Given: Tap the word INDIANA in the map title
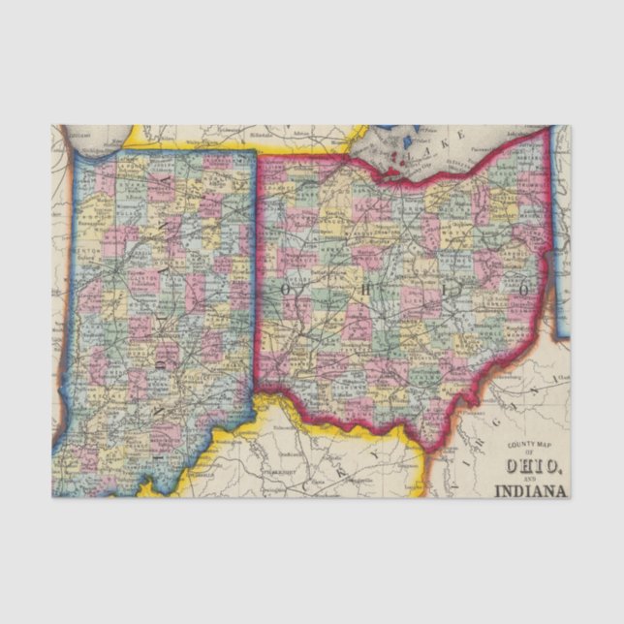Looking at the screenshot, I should [x=530, y=489].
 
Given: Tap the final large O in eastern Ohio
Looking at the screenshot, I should [x=522, y=290].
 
